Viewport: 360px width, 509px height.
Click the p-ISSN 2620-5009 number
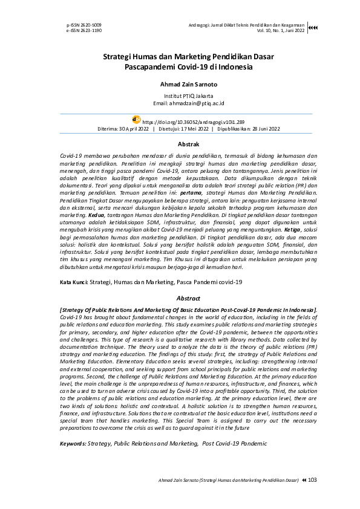tap(84, 25)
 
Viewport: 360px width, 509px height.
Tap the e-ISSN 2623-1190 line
tap(84, 30)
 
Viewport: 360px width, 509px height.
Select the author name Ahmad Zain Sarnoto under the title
tap(180, 85)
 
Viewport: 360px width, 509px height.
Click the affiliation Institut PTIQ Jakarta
tap(180, 97)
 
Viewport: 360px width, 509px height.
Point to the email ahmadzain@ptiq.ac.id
tap(180, 103)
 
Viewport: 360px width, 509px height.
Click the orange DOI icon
tap(136, 120)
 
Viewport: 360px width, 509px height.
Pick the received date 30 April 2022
tap(134, 129)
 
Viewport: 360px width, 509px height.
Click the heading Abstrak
tap(180, 144)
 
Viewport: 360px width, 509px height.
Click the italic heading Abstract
tap(180, 298)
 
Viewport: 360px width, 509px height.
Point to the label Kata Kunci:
tap(74, 282)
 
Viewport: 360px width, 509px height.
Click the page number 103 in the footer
tap(313, 480)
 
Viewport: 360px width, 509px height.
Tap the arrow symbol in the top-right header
tap(312, 27)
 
